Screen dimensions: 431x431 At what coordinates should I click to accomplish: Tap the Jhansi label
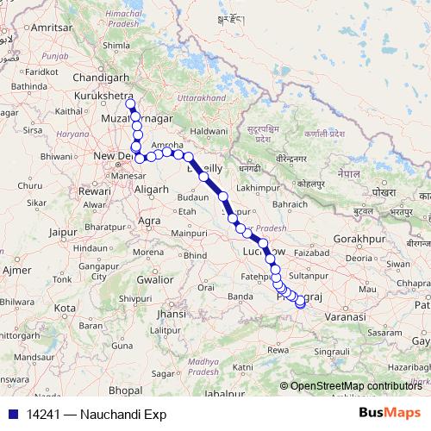[x=172, y=315]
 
